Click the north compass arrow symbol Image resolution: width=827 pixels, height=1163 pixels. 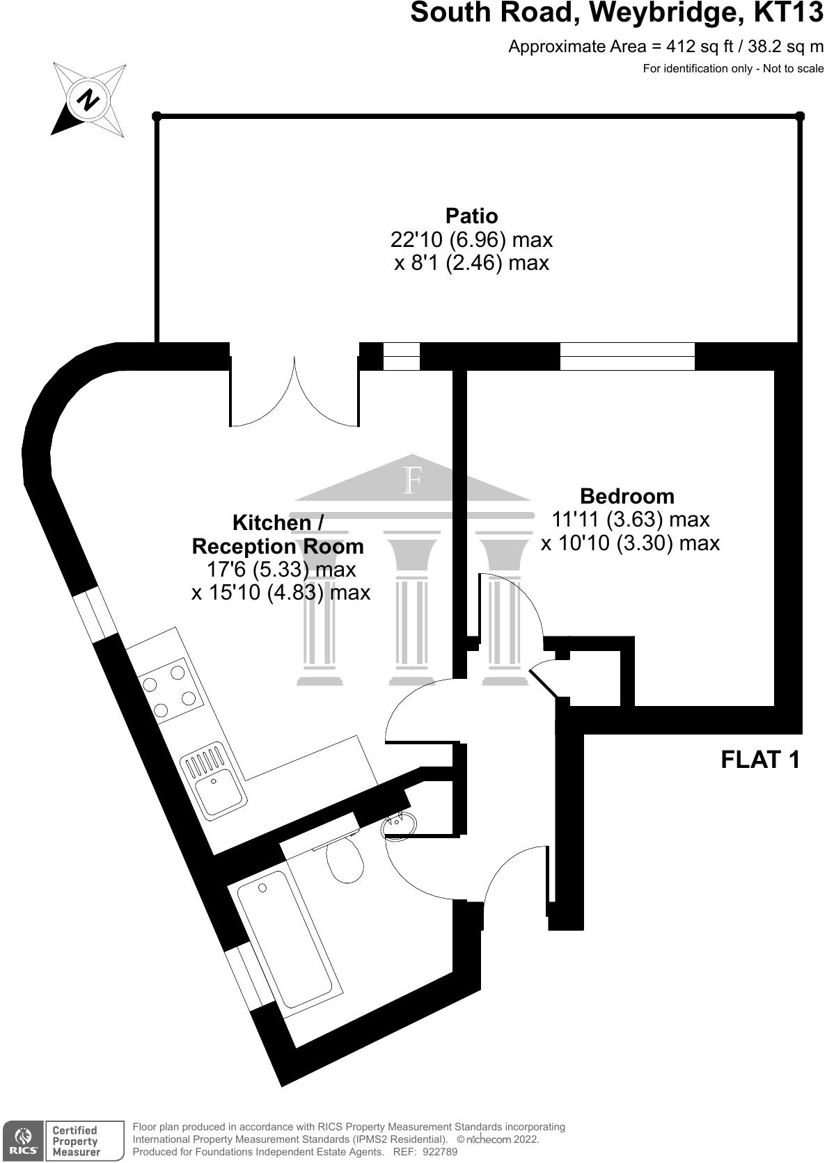(x=88, y=99)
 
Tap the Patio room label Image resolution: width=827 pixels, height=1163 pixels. (x=471, y=216)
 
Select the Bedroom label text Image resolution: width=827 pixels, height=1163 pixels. (x=627, y=496)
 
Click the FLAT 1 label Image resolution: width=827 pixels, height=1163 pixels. (x=760, y=759)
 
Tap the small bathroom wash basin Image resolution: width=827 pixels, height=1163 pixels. (x=402, y=822)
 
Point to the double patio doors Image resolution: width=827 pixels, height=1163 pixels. (x=295, y=392)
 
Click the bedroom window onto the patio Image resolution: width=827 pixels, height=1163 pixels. (x=627, y=356)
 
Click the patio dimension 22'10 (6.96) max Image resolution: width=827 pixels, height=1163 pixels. (x=471, y=240)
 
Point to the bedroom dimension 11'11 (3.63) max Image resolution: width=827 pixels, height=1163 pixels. (x=630, y=519)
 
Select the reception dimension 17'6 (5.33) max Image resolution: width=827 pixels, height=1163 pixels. (x=281, y=570)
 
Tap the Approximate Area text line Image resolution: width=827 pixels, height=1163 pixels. (x=665, y=47)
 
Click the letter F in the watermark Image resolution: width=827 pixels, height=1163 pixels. (x=413, y=481)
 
